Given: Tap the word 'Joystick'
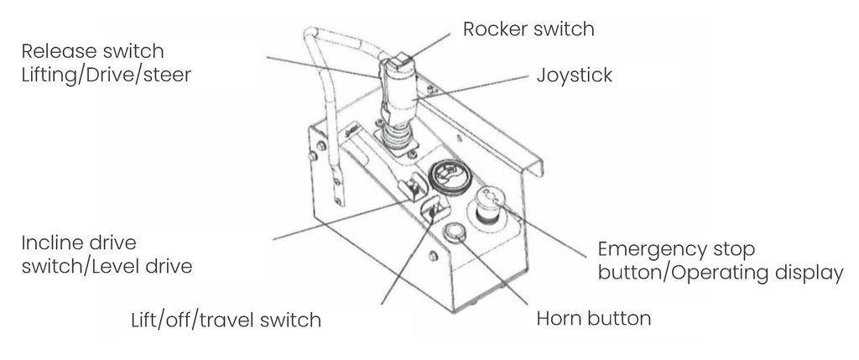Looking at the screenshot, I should click(x=574, y=76).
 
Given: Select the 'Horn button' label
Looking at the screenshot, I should click(x=593, y=319).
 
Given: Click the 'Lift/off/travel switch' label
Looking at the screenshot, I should click(x=226, y=320).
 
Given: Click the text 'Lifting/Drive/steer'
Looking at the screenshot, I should click(x=107, y=76).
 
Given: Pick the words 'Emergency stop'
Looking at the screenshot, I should click(x=676, y=250).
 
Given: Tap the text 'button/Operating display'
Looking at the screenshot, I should click(x=720, y=274).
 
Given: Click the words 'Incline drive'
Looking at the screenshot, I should click(x=79, y=244).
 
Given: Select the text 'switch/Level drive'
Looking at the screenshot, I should click(x=107, y=268).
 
